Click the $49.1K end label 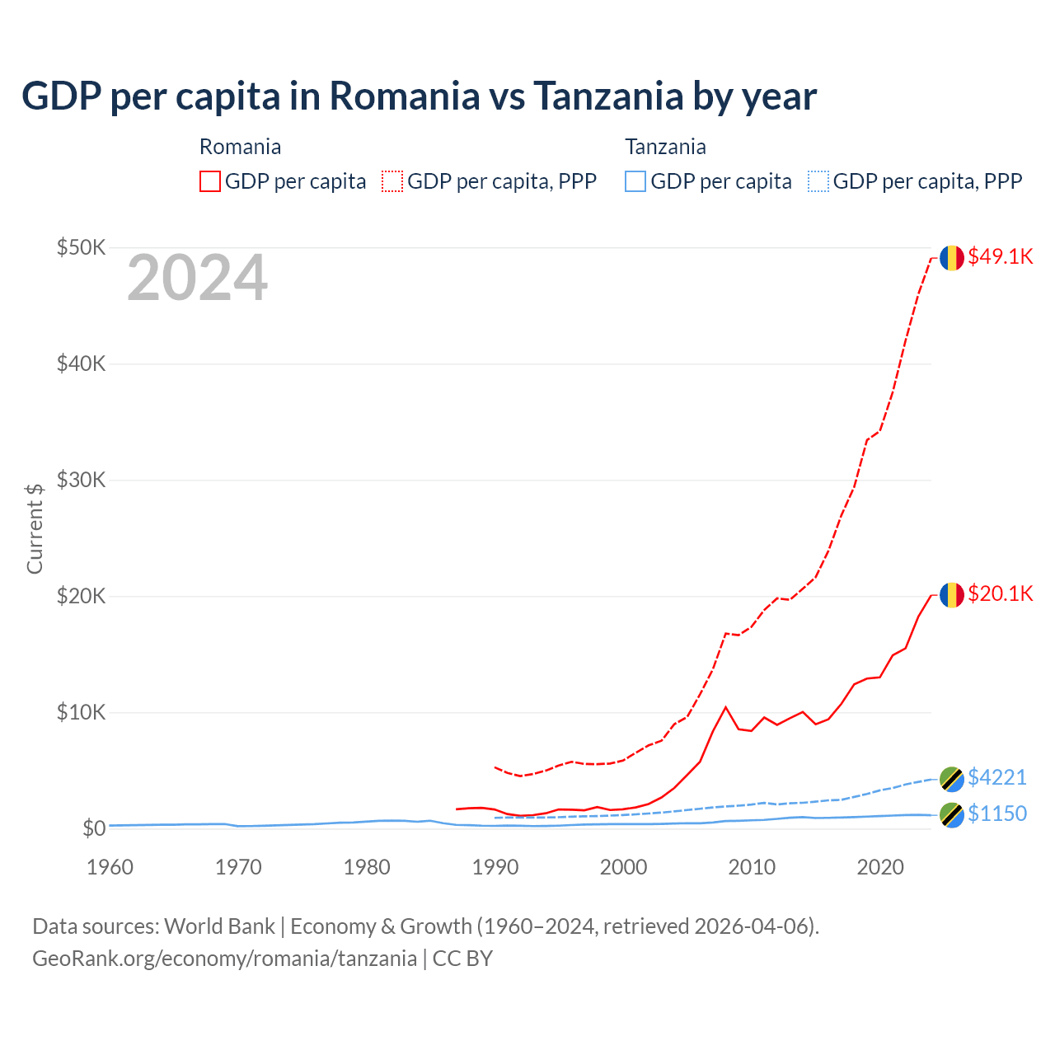coord(1000,256)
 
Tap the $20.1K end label coord(1000,593)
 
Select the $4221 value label coord(996,777)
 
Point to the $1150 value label coord(996,814)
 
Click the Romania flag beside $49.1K coord(952,257)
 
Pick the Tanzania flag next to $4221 coord(952,778)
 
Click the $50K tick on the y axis coord(81,247)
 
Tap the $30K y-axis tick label coord(81,480)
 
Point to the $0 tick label coord(94,828)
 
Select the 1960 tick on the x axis coord(110,867)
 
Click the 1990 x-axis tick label coord(495,867)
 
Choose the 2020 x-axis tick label coord(880,867)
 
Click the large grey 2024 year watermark coord(197,278)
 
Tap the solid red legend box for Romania coord(210,181)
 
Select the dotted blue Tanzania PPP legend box coord(818,181)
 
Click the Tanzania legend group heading coord(665,147)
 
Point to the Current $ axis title coord(35,528)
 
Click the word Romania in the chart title coord(405,96)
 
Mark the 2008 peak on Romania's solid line coord(725,707)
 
